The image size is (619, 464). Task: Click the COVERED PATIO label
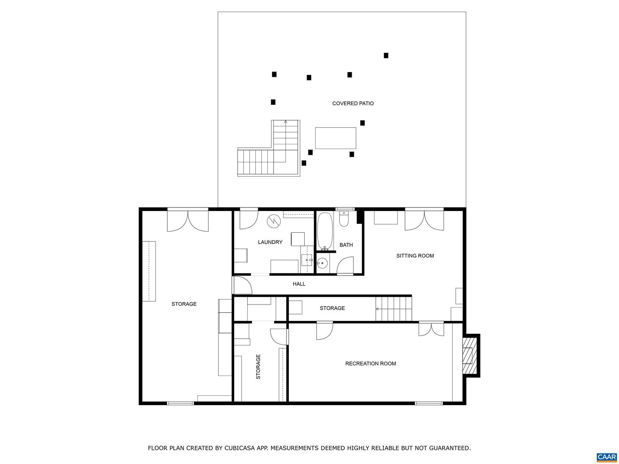coord(353,104)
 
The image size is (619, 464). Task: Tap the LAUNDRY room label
coord(270,242)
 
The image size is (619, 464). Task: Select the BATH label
coord(346,245)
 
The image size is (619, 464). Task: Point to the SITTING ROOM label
coord(415,256)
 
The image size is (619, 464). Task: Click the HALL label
coord(299,284)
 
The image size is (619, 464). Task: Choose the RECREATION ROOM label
coord(371,364)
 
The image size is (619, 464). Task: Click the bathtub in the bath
coord(325,231)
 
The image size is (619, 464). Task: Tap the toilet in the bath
coord(343,219)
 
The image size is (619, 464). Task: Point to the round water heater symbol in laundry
coord(273,221)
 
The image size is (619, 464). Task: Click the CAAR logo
coord(607,457)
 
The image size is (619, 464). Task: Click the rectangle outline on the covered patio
coord(335,138)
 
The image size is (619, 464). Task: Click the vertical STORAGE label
coord(258,366)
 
